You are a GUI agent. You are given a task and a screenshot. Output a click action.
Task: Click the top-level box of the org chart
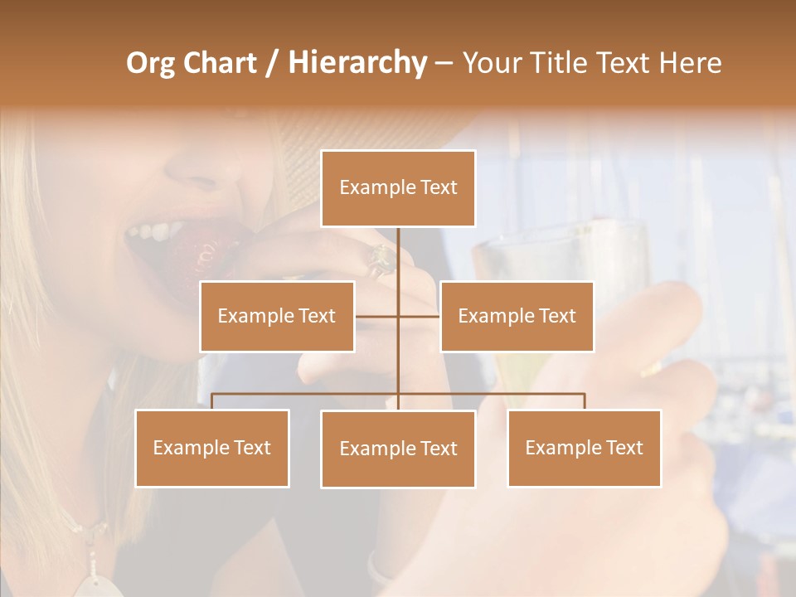pos(398,188)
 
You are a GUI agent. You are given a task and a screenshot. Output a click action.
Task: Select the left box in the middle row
pos(277,316)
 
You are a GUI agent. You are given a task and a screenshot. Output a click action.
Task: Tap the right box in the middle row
pos(517,316)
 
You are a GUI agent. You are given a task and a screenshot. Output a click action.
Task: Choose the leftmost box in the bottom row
pos(212,448)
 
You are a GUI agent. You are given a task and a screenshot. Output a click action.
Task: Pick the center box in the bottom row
pos(398,449)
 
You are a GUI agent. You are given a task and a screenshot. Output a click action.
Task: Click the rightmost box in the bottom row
pos(584,448)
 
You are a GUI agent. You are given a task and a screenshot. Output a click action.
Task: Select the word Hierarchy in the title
pos(357,63)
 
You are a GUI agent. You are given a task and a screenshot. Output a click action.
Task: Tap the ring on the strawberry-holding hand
pos(382,260)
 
